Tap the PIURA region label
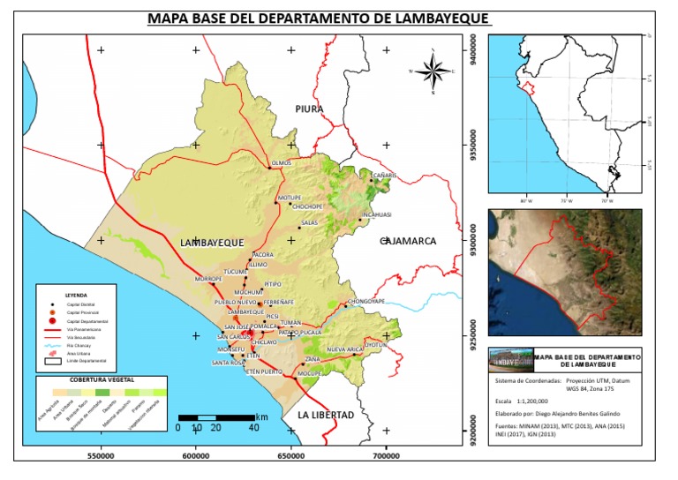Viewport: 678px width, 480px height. pos(309,109)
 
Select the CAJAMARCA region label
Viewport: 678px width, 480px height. pos(409,240)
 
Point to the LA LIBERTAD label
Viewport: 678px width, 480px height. pos(326,415)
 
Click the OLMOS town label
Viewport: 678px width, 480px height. pos(281,163)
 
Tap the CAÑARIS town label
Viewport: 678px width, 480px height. pos(383,175)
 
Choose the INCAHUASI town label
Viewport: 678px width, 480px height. pos(376,214)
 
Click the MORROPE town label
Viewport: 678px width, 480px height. pos(208,279)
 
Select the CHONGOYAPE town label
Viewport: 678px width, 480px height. pos(366,302)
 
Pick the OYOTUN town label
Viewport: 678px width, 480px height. pos(376,345)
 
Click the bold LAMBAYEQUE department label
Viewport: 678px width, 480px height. pos(209,242)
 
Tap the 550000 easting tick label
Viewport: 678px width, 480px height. pos(101,457)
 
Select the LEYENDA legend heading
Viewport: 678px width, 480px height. pos(77,296)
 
